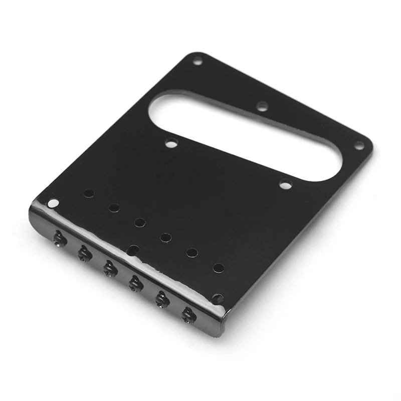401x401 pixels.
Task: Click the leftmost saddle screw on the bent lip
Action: coord(60,239)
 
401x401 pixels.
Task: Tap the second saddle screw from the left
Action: coord(84,254)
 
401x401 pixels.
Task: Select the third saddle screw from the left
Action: coord(109,268)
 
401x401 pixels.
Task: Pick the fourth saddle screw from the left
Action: coord(135,283)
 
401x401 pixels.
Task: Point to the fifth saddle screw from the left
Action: coord(161,299)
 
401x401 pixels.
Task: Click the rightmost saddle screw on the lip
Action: coord(188,314)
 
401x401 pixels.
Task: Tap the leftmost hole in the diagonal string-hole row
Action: coord(89,193)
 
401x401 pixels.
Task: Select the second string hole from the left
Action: coord(114,208)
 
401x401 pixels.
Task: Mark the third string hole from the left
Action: coord(140,222)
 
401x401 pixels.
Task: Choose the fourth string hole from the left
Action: coord(165,237)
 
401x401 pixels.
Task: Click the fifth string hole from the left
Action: coord(192,252)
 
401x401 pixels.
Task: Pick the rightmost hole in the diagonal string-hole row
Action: coord(219,268)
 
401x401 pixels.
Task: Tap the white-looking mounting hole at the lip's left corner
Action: coord(53,203)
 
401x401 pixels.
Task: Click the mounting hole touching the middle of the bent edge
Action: coord(133,249)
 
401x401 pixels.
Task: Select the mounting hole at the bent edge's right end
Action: coord(218,298)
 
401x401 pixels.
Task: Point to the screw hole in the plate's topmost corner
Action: coord(197,62)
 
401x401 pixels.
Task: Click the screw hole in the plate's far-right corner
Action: coord(359,145)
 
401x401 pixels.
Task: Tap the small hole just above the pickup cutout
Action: coord(262,106)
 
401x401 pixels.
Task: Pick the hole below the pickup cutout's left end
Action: coord(172,144)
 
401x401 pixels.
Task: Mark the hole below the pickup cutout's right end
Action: coord(285,184)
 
